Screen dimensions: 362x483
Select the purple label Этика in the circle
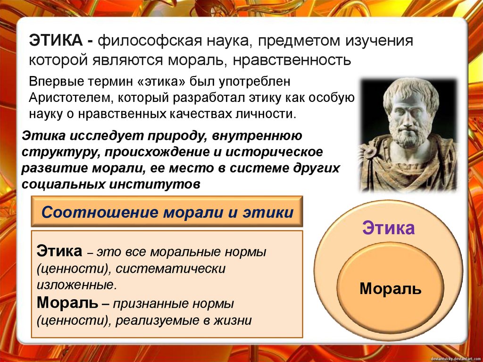pyautogui.click(x=388, y=228)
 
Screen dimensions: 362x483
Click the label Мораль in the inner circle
pyautogui.click(x=390, y=288)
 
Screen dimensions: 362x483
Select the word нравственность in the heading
pyautogui.click(x=296, y=60)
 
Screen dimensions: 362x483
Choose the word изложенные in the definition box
pyautogui.click(x=76, y=285)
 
